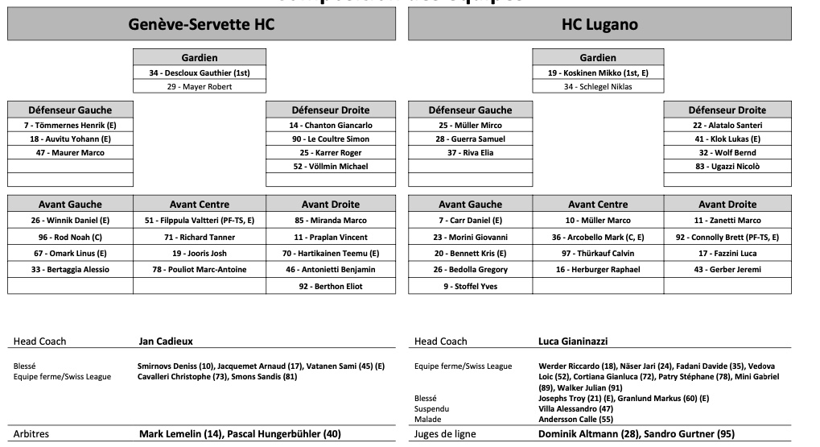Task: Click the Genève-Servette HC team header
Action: point(201,24)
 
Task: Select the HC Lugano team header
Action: point(600,24)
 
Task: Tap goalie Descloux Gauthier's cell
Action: point(200,72)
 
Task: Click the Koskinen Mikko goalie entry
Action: point(598,72)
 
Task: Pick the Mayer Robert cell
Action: point(200,87)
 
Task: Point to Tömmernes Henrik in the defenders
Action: point(71,126)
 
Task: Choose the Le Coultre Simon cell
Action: point(331,139)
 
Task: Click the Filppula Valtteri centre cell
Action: point(200,221)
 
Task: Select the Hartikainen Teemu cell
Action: point(331,253)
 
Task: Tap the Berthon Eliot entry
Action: point(331,286)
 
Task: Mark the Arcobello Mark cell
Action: point(598,238)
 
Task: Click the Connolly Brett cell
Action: point(727,238)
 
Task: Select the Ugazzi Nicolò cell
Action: point(727,167)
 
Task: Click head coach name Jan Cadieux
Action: point(166,341)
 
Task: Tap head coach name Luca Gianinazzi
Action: point(572,341)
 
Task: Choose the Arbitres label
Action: point(31,434)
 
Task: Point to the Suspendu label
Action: point(433,408)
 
